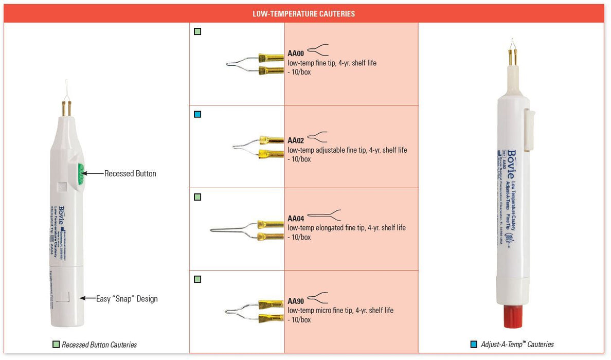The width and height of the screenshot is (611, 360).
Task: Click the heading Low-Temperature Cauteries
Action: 303,14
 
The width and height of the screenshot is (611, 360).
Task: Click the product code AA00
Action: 296,53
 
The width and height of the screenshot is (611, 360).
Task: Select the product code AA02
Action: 296,140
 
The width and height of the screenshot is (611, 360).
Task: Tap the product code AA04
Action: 296,219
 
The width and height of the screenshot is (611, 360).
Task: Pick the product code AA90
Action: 296,301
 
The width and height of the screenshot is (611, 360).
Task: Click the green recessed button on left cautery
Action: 81,173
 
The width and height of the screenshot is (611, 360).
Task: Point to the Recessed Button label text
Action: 130,174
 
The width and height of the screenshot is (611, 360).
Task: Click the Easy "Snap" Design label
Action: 127,299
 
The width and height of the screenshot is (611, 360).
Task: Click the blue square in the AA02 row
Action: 197,114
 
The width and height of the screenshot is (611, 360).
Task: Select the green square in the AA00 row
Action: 197,32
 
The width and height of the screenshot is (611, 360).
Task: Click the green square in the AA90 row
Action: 197,279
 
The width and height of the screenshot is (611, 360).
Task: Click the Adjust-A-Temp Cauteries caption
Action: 517,345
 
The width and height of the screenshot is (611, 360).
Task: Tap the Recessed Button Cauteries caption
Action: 99,345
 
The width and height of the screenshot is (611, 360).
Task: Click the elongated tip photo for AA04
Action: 247,229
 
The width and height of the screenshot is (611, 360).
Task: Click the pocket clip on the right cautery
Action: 530,129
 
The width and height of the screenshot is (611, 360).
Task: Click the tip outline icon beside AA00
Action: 318,50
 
